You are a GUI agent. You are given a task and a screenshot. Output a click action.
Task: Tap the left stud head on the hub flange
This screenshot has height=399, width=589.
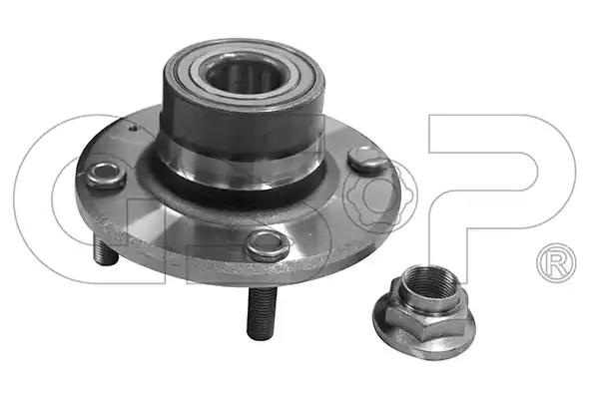click(x=105, y=175)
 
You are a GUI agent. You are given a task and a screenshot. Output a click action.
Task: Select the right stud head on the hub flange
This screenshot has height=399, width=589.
click(x=368, y=161)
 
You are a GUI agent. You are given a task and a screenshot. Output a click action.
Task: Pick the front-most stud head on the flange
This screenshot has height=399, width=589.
click(x=268, y=244)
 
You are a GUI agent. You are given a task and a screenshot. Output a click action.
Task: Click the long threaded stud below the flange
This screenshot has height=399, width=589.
click(x=262, y=312)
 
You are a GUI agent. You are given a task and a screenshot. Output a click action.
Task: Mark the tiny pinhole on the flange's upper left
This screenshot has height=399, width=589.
click(x=132, y=128)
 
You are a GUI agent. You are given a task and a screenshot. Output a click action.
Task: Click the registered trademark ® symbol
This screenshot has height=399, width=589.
click(x=556, y=262)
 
